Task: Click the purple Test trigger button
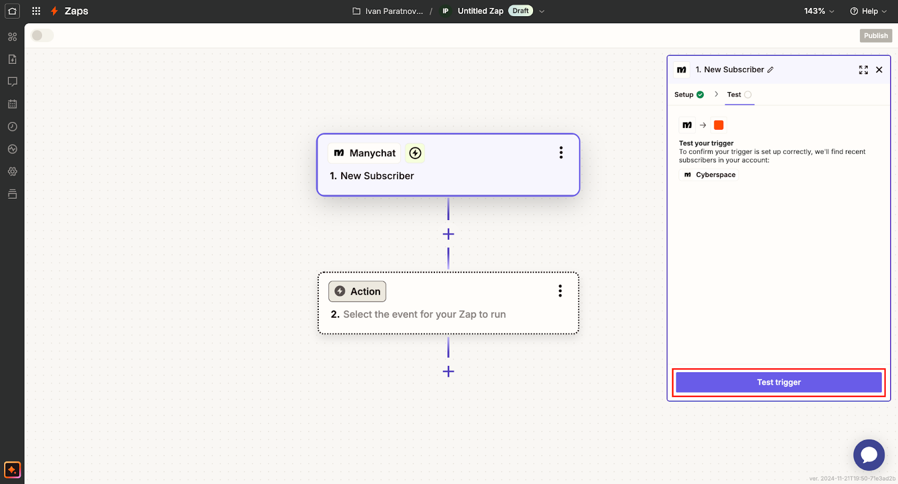click(778, 382)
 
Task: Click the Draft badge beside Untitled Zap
click(520, 11)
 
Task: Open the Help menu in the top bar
click(868, 11)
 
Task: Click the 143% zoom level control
click(819, 11)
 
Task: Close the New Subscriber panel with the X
click(879, 70)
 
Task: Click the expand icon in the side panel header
click(863, 70)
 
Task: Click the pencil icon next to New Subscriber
click(771, 70)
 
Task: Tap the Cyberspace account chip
click(709, 175)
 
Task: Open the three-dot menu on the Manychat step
click(561, 153)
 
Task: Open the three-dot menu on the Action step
click(560, 291)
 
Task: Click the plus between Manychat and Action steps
click(448, 234)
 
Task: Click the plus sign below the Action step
click(448, 371)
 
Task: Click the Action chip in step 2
click(358, 291)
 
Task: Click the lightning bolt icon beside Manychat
click(415, 153)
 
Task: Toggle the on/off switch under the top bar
click(42, 35)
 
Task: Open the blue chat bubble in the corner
click(868, 455)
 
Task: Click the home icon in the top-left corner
click(12, 11)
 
